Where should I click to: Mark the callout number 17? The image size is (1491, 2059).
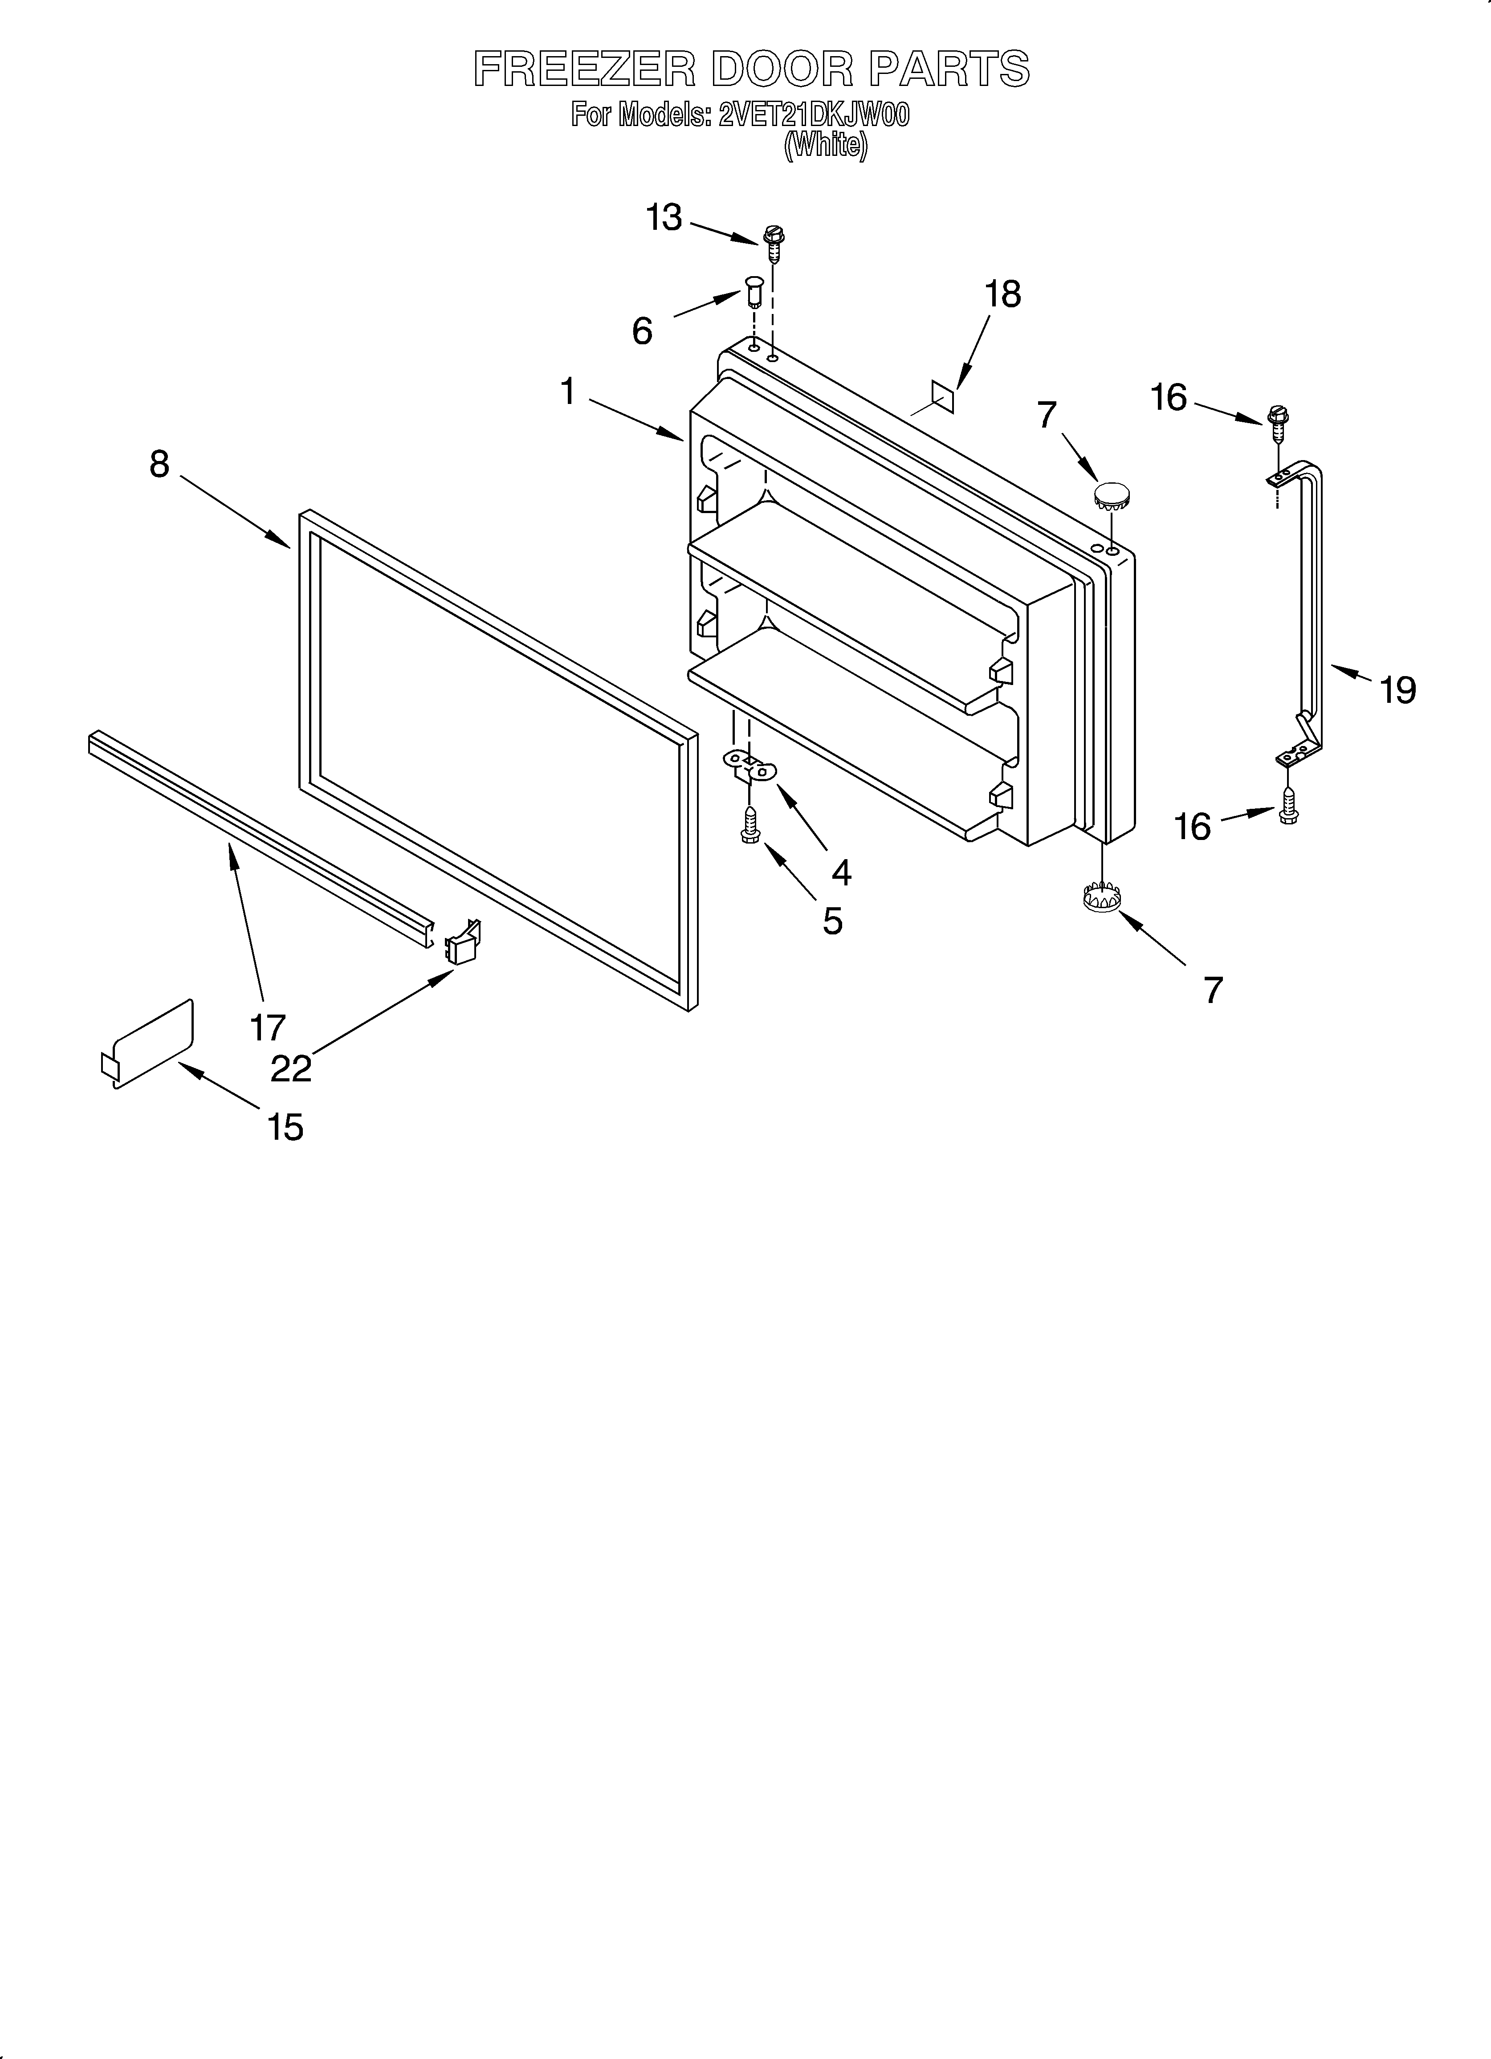(268, 1027)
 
